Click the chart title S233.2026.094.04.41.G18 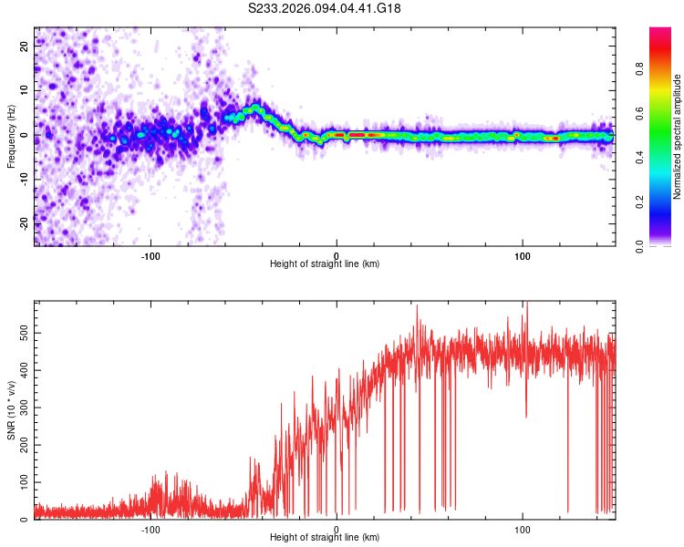click(325, 8)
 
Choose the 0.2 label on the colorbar click(657, 201)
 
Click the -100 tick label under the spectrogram click(151, 254)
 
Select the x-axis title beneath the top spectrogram click(325, 264)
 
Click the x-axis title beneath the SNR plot click(325, 538)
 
